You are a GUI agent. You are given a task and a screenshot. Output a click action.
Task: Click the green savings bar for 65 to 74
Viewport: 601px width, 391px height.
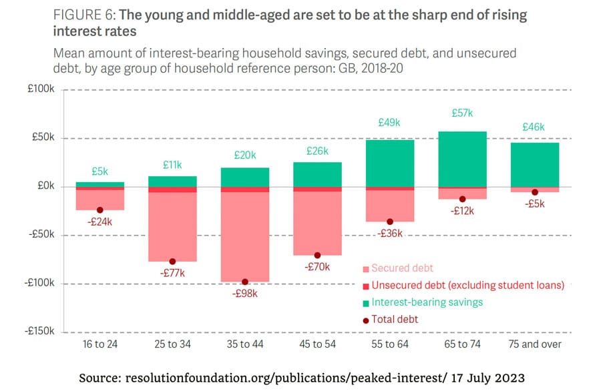462,159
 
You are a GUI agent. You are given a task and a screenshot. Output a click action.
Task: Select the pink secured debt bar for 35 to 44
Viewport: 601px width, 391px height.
245,236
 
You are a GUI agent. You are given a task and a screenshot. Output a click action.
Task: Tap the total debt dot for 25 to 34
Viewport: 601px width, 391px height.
172,262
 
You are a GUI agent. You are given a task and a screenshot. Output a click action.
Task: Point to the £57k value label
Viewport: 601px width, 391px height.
461,113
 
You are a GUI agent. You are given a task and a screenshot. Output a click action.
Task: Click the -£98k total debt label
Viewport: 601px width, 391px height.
245,293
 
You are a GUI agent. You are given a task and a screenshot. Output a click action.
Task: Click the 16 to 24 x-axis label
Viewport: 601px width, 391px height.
99,344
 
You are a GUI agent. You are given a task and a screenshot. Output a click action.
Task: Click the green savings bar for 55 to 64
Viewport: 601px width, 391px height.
390,163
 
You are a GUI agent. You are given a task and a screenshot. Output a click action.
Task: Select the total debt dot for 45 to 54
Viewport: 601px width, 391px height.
317,256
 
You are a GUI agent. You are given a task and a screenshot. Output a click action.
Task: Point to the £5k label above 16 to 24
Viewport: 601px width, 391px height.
99,171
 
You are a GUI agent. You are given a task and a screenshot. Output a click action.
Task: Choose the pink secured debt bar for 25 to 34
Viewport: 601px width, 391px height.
172,227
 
